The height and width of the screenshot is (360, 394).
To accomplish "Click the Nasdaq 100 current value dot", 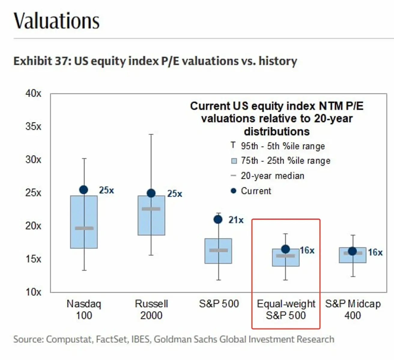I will [x=84, y=190].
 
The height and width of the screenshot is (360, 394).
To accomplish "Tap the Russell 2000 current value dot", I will [x=151, y=193].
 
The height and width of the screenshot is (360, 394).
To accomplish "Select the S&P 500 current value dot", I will [x=218, y=220].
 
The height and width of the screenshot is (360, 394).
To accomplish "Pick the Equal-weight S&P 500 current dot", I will [x=286, y=249].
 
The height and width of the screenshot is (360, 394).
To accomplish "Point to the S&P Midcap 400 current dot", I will [x=352, y=251].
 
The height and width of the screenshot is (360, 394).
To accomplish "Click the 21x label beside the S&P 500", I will [x=236, y=220].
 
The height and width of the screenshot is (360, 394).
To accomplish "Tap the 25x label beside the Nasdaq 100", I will [x=107, y=190].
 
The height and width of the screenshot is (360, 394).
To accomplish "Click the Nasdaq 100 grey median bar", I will [x=84, y=228].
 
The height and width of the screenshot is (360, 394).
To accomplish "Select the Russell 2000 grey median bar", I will [x=151, y=209].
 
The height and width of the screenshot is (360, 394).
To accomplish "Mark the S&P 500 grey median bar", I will [x=218, y=250].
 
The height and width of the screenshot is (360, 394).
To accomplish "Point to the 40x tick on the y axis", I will [x=33, y=93].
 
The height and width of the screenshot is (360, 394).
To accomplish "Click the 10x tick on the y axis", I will [x=33, y=292].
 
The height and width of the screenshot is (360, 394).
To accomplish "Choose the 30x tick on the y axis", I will [x=33, y=160].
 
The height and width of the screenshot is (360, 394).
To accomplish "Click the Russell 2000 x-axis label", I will [x=151, y=310].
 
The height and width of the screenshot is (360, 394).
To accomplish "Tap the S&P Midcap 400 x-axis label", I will [x=353, y=310].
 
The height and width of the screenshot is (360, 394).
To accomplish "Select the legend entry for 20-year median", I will [x=272, y=176].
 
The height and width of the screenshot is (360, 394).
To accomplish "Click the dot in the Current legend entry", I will [x=233, y=191].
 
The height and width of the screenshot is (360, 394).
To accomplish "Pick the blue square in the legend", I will [x=234, y=161].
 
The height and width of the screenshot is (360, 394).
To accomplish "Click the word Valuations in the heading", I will [x=56, y=21].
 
